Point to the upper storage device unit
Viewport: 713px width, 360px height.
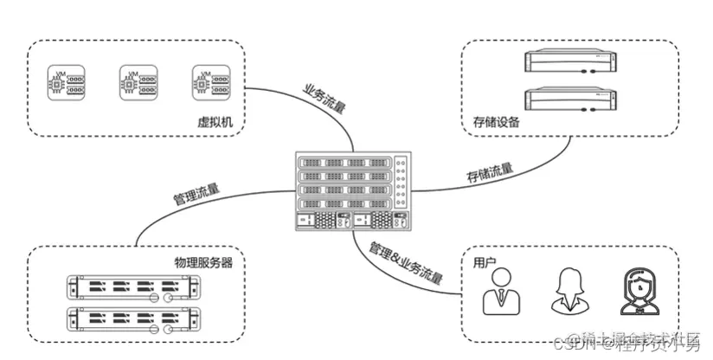coord(575,63)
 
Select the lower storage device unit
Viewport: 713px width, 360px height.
coord(575,100)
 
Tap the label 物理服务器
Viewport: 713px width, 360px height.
coord(198,262)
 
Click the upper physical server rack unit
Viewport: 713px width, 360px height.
coord(132,286)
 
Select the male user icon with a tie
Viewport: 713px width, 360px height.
coord(500,292)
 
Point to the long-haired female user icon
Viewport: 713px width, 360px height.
coord(569,292)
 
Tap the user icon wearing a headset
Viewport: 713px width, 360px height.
coord(639,292)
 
